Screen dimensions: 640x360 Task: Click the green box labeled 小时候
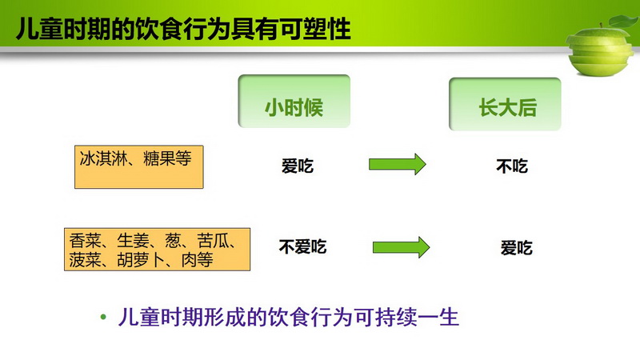294,101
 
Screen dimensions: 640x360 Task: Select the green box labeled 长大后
505,104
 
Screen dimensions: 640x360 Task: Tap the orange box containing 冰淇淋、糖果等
138,167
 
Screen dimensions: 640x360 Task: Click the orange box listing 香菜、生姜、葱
157,250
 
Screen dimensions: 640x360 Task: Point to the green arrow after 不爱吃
402,247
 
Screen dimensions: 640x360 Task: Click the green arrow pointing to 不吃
398,164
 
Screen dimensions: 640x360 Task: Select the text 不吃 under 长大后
512,166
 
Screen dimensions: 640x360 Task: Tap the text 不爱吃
302,247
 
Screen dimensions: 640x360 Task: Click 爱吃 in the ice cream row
297,166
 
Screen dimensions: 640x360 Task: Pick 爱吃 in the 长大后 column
516,248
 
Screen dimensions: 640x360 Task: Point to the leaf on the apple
622,22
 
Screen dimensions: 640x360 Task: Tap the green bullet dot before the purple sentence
103,317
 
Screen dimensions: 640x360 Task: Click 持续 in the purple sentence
396,317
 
